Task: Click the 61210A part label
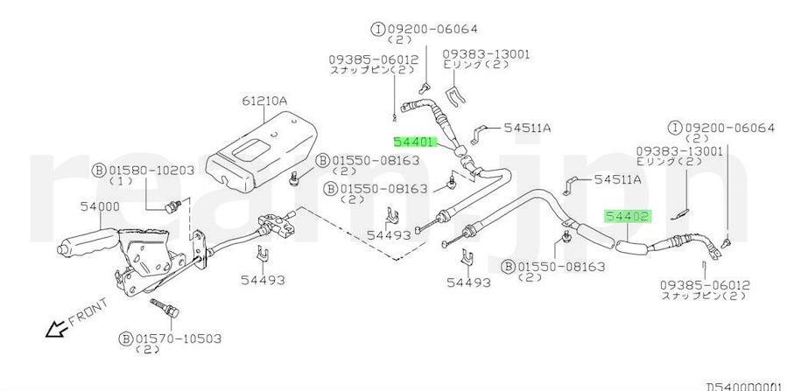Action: click(x=264, y=101)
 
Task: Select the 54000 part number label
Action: click(x=101, y=206)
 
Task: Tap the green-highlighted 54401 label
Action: click(x=413, y=142)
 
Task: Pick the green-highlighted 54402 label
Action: click(x=628, y=217)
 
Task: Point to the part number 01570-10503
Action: click(x=179, y=339)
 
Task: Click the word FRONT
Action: click(x=88, y=311)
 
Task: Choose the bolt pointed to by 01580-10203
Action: click(x=172, y=206)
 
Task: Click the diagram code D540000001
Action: click(x=746, y=387)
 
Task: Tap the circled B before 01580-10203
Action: click(x=98, y=171)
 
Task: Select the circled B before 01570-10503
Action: click(x=125, y=339)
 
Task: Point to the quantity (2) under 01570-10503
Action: click(x=148, y=349)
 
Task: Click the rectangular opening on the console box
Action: click(x=251, y=150)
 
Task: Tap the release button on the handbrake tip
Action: click(x=61, y=249)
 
